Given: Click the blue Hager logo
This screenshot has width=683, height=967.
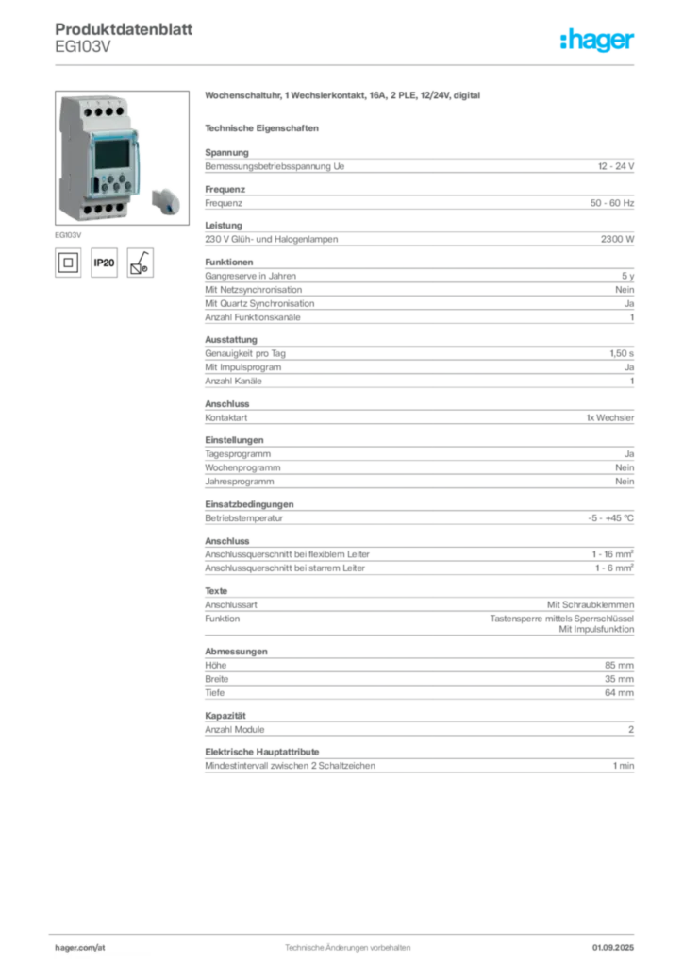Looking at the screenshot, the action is pos(598,41).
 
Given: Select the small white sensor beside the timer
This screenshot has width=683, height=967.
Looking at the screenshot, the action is pos(166,199).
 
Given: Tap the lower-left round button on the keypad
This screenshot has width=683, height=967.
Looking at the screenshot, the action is pos(106,186).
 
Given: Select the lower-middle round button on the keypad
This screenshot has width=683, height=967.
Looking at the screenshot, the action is pos(117,186).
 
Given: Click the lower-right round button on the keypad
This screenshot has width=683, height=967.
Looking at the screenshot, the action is pos(128,186).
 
